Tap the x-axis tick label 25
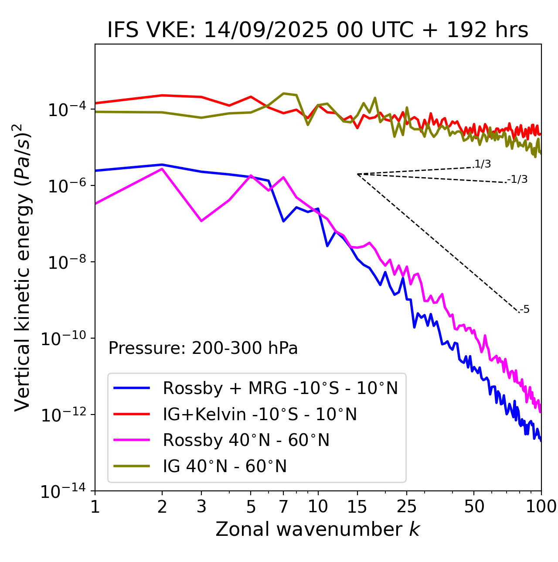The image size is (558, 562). pos(406,506)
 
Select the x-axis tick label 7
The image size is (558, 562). pos(283,506)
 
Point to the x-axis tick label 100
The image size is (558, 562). pos(541,506)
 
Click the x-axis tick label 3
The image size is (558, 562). pos(201,506)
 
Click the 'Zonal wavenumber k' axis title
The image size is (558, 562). pos(318,529)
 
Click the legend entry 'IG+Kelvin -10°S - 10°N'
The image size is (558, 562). pos(260,414)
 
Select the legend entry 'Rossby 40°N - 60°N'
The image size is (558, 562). pos(246,440)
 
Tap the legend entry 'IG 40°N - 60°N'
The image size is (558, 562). pos(225,466)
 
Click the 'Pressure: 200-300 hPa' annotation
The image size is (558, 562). pos(203,348)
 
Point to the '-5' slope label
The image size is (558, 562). pos(524,310)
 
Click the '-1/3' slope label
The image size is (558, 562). pos(517,179)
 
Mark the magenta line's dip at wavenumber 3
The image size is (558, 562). pos(201,221)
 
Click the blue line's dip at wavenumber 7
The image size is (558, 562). pos(283,221)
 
